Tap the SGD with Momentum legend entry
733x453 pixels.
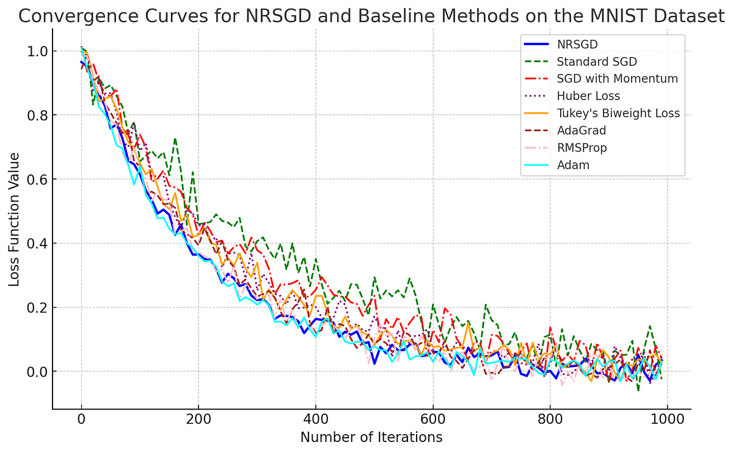click(x=617, y=79)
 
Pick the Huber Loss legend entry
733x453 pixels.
click(x=588, y=96)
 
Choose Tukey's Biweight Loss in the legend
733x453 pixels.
click(x=618, y=114)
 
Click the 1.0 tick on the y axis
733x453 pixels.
click(x=36, y=51)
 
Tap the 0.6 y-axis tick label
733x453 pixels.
click(x=36, y=179)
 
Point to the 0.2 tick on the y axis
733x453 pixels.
click(x=36, y=308)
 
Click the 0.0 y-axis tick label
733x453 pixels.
click(x=36, y=372)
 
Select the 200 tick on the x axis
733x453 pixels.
click(x=199, y=420)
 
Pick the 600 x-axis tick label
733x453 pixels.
click(x=432, y=420)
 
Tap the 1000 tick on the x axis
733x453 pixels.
click(x=667, y=420)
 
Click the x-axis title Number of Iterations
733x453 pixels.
click(x=371, y=437)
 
